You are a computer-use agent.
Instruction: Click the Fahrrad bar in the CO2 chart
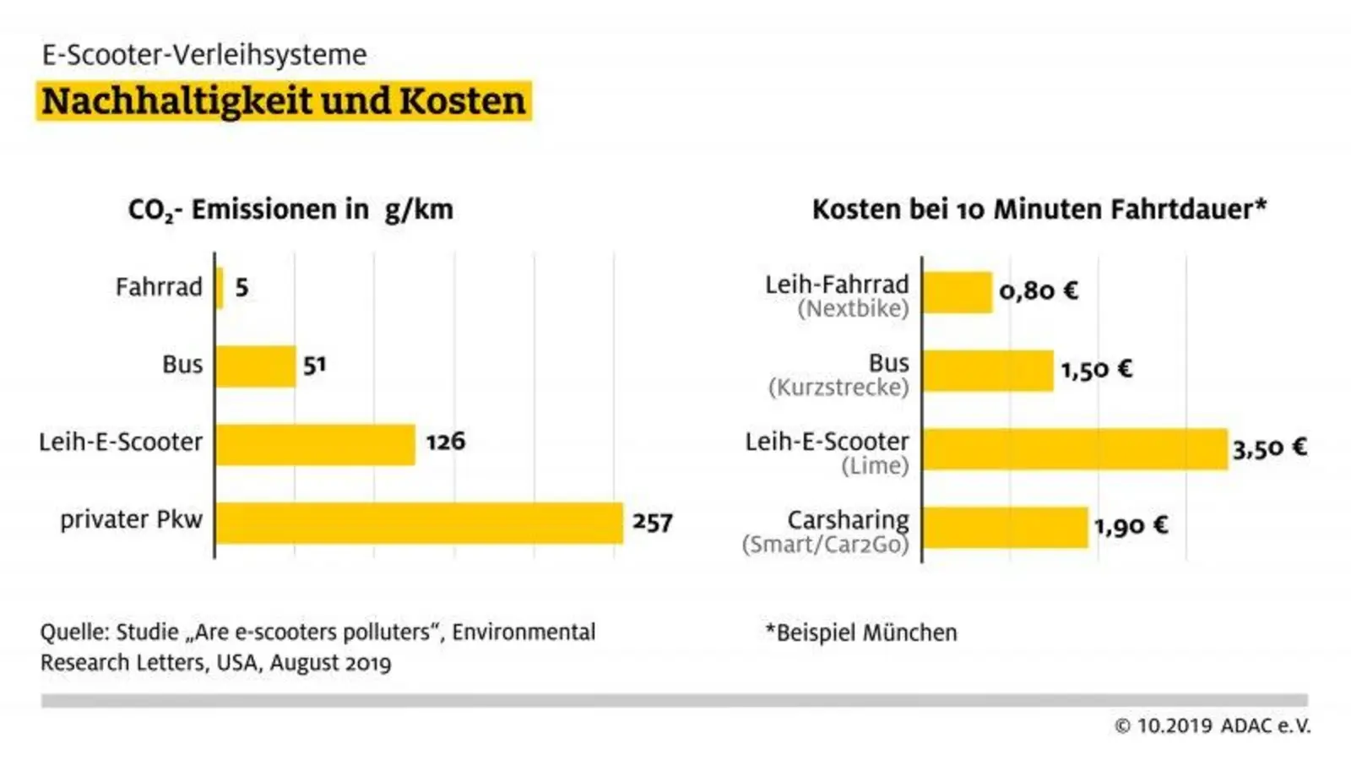pyautogui.click(x=220, y=288)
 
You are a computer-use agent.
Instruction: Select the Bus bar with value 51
pyautogui.click(x=256, y=366)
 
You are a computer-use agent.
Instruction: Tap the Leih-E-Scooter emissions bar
pyautogui.click(x=316, y=444)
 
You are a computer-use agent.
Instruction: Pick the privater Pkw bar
pyautogui.click(x=419, y=523)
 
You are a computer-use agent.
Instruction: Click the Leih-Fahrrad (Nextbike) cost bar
pyautogui.click(x=958, y=292)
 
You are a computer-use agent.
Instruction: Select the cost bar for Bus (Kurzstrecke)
pyautogui.click(x=989, y=371)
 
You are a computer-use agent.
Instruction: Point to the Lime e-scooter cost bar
pyautogui.click(x=1075, y=449)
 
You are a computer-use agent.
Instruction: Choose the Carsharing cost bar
pyautogui.click(x=1006, y=527)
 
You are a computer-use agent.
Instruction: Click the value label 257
pyautogui.click(x=653, y=523)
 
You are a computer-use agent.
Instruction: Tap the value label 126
pyautogui.click(x=445, y=442)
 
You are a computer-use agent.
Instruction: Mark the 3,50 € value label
pyautogui.click(x=1269, y=448)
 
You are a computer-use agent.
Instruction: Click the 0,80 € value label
pyautogui.click(x=1039, y=291)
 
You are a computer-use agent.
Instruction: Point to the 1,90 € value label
pyautogui.click(x=1131, y=527)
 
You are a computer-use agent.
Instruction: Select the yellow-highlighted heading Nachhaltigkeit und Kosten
pyautogui.click(x=284, y=101)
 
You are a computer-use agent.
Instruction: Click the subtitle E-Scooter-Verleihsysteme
pyautogui.click(x=204, y=55)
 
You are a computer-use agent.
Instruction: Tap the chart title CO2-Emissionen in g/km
pyautogui.click(x=290, y=209)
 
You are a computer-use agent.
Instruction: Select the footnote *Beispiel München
pyautogui.click(x=861, y=632)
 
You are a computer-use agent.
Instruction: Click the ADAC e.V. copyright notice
pyautogui.click(x=1213, y=725)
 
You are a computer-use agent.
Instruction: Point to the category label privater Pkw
pyautogui.click(x=132, y=519)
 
